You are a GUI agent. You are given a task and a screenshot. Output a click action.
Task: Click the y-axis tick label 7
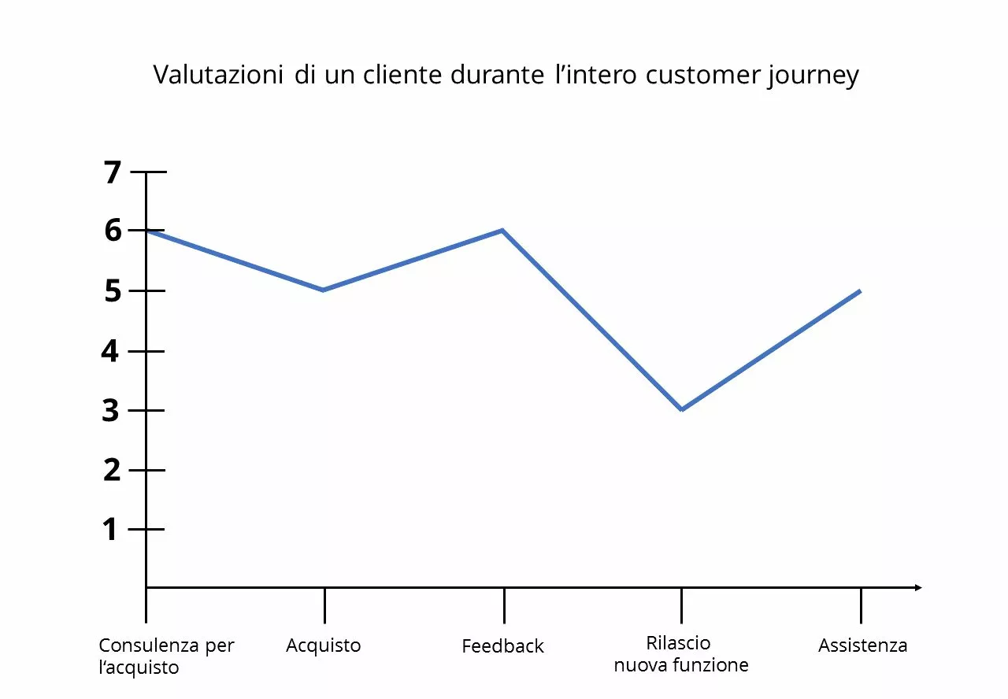click(113, 172)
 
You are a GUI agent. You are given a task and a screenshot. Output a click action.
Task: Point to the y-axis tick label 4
click(111, 350)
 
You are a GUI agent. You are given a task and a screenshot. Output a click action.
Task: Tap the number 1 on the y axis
click(111, 529)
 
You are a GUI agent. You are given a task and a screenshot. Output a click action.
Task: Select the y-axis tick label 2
click(111, 470)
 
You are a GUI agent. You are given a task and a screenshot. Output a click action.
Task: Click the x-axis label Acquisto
click(323, 646)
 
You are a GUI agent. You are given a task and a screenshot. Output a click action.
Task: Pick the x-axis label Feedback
click(502, 647)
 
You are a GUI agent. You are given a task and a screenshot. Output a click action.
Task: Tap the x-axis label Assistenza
click(862, 646)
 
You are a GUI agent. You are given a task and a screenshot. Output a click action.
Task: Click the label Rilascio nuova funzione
click(680, 654)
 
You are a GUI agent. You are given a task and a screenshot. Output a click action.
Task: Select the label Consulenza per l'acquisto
click(166, 656)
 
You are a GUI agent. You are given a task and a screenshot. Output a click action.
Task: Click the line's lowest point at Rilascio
click(681, 409)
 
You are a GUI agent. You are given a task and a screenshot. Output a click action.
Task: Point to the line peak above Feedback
click(502, 230)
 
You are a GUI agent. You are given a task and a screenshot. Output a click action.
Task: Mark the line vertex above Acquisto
click(324, 290)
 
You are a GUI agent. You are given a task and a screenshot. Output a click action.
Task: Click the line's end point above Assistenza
click(860, 290)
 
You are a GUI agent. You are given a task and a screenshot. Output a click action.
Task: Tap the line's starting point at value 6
click(147, 230)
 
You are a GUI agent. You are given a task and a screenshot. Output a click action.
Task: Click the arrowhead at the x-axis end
click(917, 587)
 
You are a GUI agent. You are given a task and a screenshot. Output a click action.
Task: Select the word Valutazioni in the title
click(218, 76)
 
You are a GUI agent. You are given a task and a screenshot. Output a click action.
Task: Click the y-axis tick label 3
click(111, 410)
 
